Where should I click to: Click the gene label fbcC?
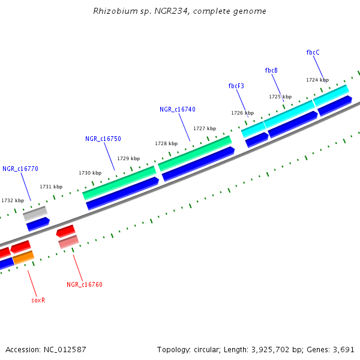[x=313, y=52]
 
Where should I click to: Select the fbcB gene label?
[x=271, y=70]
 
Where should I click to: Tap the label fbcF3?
[x=236, y=86]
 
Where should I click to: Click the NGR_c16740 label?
[x=177, y=109]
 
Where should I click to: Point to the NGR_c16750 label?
[x=103, y=139]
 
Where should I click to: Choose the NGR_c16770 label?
[x=20, y=169]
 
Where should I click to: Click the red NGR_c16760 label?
[x=84, y=284]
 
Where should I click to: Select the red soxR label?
[x=38, y=300]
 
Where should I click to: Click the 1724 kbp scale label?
[x=317, y=80]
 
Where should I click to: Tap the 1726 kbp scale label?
[x=242, y=113]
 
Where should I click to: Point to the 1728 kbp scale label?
[x=166, y=143]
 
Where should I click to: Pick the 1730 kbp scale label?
[x=90, y=173]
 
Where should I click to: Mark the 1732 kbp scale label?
[x=13, y=200]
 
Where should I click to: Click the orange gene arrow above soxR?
[x=23, y=258]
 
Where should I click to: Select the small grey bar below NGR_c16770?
[x=35, y=212]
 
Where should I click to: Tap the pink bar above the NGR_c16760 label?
[x=68, y=241]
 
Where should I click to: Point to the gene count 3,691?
[x=343, y=349]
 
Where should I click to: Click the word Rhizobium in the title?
[x=112, y=11]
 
